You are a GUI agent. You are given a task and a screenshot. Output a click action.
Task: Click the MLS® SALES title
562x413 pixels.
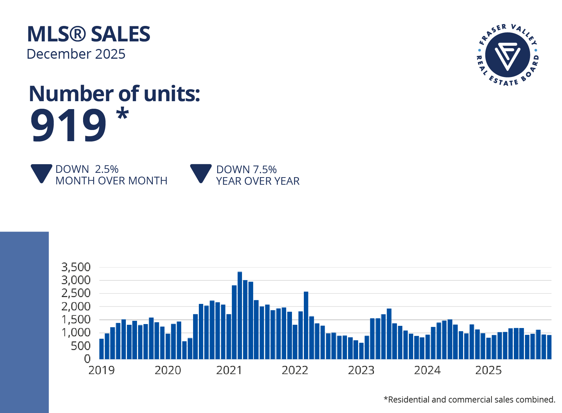pyautogui.click(x=88, y=34)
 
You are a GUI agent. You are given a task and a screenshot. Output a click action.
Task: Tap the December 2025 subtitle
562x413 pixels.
pyautogui.click(x=76, y=54)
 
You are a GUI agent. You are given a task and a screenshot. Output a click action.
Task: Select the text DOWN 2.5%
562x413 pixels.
pyautogui.click(x=87, y=169)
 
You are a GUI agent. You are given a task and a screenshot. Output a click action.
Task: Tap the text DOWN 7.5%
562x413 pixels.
pyautogui.click(x=246, y=170)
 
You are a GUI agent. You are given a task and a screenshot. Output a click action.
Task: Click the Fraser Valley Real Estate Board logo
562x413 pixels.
pyautogui.click(x=507, y=55)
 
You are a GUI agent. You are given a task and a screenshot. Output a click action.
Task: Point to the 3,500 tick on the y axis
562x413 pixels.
pyautogui.click(x=76, y=267)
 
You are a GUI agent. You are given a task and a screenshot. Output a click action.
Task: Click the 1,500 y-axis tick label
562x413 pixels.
pyautogui.click(x=76, y=320)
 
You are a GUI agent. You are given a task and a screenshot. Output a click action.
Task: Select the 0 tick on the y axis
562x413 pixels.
pyautogui.click(x=87, y=359)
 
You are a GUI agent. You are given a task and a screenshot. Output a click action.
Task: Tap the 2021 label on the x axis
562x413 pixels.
pyautogui.click(x=229, y=370)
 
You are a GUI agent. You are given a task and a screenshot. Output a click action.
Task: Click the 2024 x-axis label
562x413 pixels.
pyautogui.click(x=427, y=370)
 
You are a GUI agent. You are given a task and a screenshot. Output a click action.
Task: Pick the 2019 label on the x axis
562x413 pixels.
pyautogui.click(x=101, y=370)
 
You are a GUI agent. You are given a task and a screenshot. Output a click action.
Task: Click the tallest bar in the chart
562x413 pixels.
pyautogui.click(x=240, y=315)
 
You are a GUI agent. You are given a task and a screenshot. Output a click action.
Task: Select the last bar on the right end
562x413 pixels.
pyautogui.click(x=549, y=347)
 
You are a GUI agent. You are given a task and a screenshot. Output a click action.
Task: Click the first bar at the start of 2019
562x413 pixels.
pyautogui.click(x=101, y=349)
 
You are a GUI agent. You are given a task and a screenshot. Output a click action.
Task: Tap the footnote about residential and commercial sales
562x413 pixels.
pyautogui.click(x=469, y=399)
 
